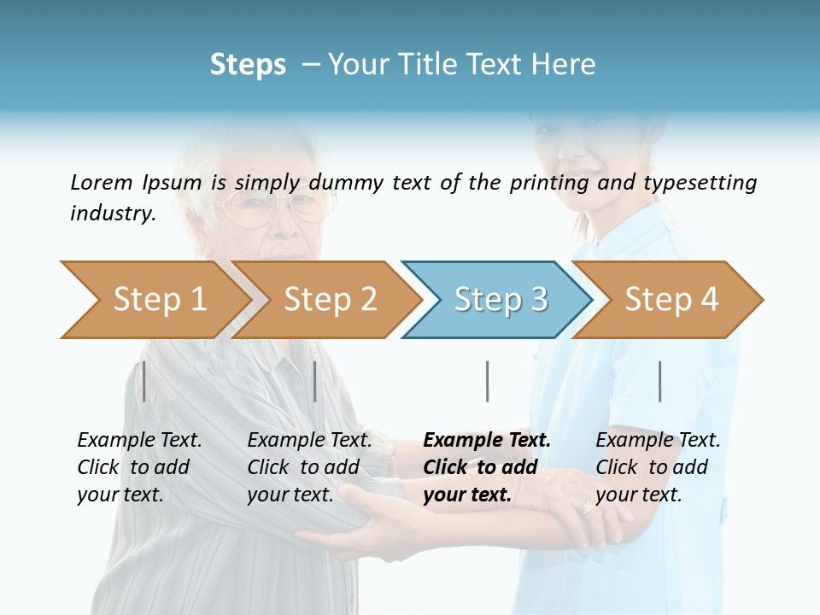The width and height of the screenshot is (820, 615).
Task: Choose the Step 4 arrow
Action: [x=671, y=300]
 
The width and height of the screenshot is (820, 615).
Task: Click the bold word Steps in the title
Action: [x=248, y=64]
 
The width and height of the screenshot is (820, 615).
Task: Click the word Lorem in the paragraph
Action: [x=101, y=182]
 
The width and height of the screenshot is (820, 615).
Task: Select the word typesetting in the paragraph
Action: [x=700, y=182]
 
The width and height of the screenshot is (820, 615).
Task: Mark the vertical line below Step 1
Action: [x=144, y=381]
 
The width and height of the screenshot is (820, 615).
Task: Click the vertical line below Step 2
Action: [x=315, y=381]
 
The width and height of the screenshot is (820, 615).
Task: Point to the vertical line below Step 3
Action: [x=487, y=381]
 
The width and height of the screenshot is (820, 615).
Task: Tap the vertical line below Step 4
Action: [x=659, y=381]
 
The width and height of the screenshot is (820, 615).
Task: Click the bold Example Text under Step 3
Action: [x=487, y=440]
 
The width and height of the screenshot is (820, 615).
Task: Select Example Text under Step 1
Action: [x=139, y=440]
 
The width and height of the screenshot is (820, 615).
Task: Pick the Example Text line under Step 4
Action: [x=658, y=440]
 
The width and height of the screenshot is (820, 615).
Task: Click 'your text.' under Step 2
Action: [x=290, y=495]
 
